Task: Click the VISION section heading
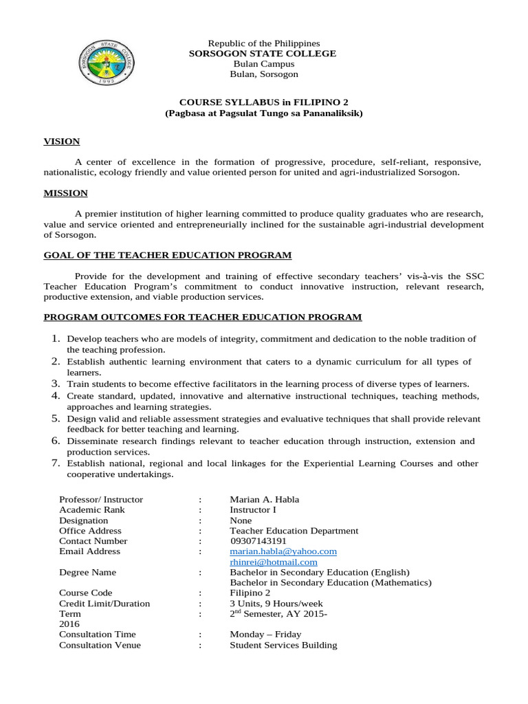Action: pos(62,142)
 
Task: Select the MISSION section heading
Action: pos(66,193)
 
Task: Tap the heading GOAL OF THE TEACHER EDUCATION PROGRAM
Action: pos(168,255)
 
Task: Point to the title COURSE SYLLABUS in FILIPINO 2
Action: pos(264,102)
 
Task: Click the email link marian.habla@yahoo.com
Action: pos(283,551)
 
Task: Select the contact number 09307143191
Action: pos(258,541)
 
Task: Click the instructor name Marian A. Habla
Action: pos(264,499)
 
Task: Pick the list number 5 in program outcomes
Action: pos(57,419)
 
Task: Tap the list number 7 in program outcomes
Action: pos(57,463)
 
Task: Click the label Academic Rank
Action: pos(92,509)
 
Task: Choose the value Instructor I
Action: pos(254,509)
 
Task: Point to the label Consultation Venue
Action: pos(100,645)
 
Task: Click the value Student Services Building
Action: pos(283,645)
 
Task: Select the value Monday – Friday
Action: pos(265,634)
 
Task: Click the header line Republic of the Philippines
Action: pos(264,43)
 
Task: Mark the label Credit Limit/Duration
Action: pos(104,603)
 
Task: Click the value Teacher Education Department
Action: pos(294,531)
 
